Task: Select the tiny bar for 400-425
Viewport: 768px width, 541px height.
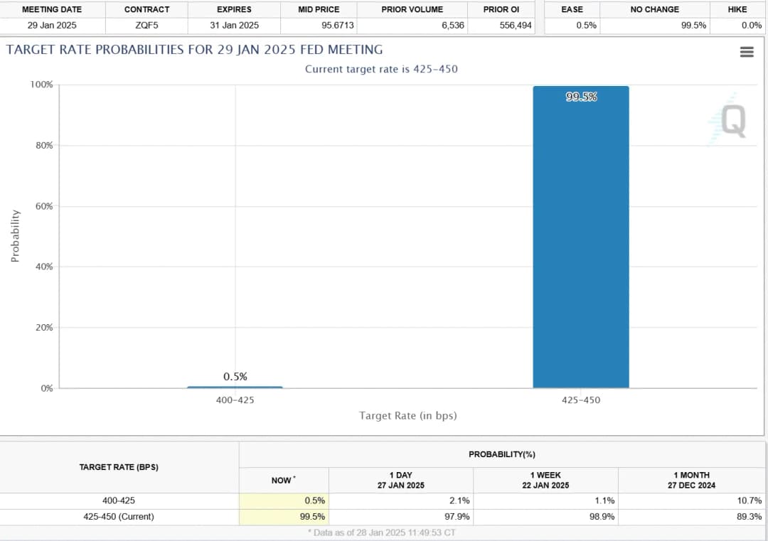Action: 235,387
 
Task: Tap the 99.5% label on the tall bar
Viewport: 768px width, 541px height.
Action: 581,97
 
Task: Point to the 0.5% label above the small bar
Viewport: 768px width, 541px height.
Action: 235,376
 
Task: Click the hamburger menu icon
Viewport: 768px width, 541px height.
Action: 746,52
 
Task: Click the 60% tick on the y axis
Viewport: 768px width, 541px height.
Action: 44,206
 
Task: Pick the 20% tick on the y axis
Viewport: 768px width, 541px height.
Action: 44,328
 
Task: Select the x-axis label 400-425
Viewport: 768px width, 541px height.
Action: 235,400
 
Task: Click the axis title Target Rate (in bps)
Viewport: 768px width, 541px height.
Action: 407,415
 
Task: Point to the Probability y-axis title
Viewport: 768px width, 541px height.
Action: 15,236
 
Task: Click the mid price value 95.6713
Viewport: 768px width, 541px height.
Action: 338,26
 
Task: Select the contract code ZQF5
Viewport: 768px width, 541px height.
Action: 146,26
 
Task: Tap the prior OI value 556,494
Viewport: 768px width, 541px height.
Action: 516,26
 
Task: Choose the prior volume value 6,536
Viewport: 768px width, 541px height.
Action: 452,26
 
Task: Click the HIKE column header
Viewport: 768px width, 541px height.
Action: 737,9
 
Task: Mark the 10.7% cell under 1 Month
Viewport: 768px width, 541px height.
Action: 750,500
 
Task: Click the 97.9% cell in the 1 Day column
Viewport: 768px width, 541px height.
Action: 457,517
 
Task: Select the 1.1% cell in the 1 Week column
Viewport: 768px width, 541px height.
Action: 604,500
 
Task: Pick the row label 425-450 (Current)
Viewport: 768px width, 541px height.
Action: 118,517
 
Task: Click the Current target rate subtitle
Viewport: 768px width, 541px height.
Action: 381,69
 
